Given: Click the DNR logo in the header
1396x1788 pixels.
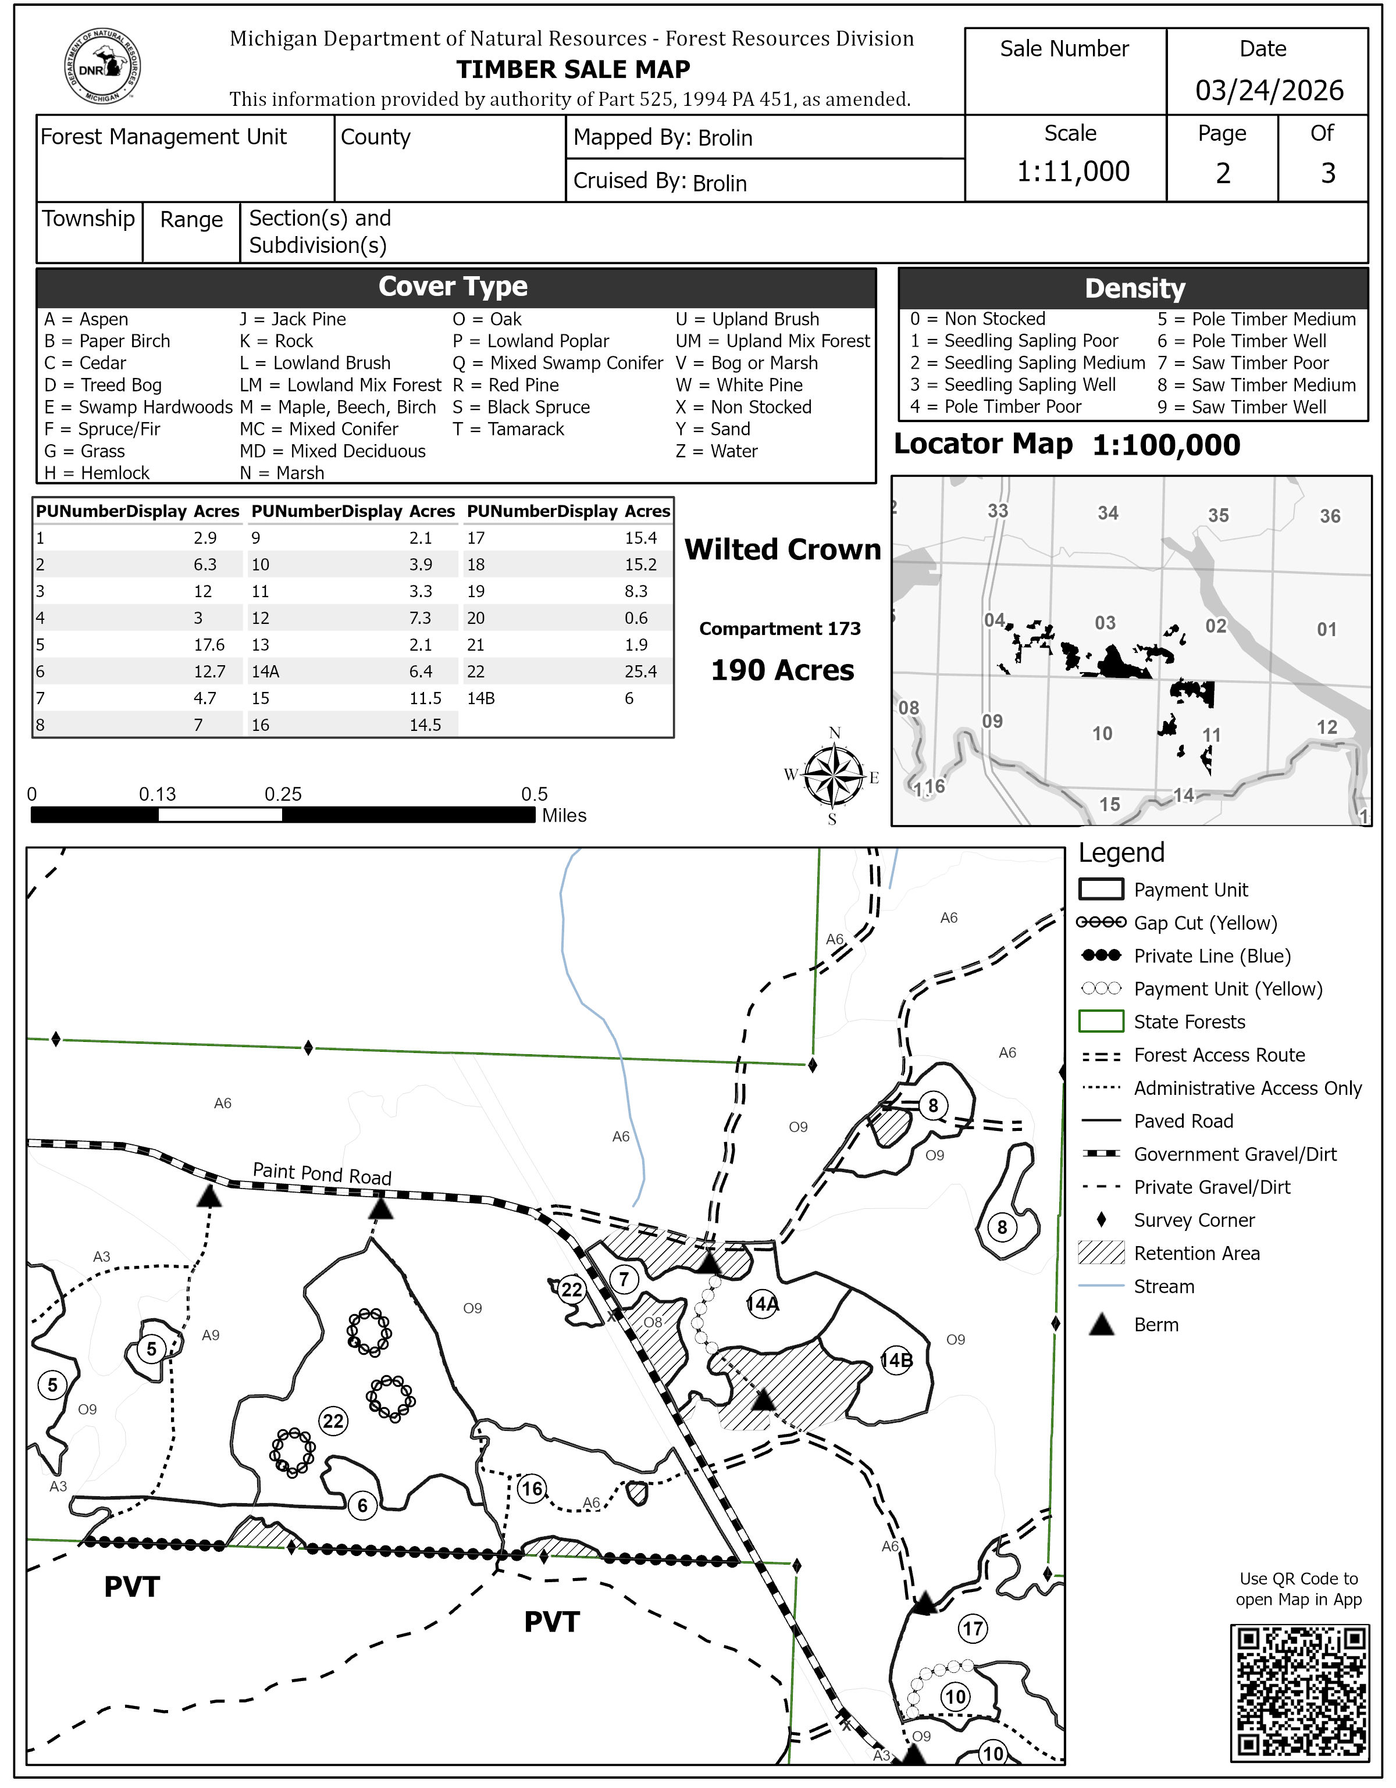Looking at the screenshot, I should (102, 66).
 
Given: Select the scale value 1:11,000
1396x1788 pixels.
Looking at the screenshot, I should (1073, 171).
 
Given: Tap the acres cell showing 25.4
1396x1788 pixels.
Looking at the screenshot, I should (640, 672).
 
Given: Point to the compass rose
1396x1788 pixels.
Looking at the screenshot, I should (833, 775).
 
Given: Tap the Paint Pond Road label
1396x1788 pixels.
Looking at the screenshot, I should (322, 1173).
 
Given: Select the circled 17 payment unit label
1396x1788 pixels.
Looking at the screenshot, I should (972, 1628).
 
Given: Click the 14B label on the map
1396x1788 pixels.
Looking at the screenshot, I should (896, 1361).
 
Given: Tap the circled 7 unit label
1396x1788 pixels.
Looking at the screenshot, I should (624, 1279).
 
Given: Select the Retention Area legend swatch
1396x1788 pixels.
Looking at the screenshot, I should (1101, 1252).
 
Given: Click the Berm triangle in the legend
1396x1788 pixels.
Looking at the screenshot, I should (1101, 1325).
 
